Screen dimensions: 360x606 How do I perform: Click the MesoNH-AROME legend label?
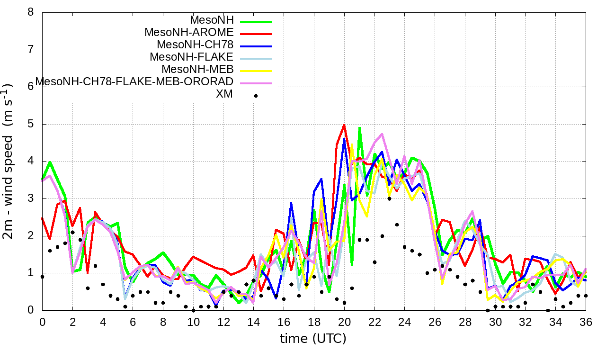click(x=189, y=33)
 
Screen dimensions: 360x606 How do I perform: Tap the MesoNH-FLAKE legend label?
click(x=192, y=57)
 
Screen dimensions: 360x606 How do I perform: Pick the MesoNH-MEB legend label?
click(x=201, y=70)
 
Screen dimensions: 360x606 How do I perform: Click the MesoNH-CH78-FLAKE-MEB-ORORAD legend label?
click(x=134, y=82)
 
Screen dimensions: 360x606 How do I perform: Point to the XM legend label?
click(x=224, y=94)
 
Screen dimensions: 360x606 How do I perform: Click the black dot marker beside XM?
click(x=256, y=96)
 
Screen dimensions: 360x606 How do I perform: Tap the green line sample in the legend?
click(x=256, y=22)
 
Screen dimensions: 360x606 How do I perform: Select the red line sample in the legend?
click(x=256, y=34)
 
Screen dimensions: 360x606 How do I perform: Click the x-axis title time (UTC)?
click(x=313, y=339)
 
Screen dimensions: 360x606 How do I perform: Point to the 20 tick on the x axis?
click(x=344, y=321)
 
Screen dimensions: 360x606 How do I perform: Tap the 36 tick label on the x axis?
click(x=586, y=321)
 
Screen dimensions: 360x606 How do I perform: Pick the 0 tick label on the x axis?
click(x=42, y=321)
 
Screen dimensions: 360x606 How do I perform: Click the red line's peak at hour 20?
click(x=344, y=125)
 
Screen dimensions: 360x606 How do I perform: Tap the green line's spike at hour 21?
click(x=360, y=127)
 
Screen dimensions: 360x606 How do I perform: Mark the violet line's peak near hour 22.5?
click(x=382, y=134)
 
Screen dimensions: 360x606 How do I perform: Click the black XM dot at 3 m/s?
click(x=389, y=198)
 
